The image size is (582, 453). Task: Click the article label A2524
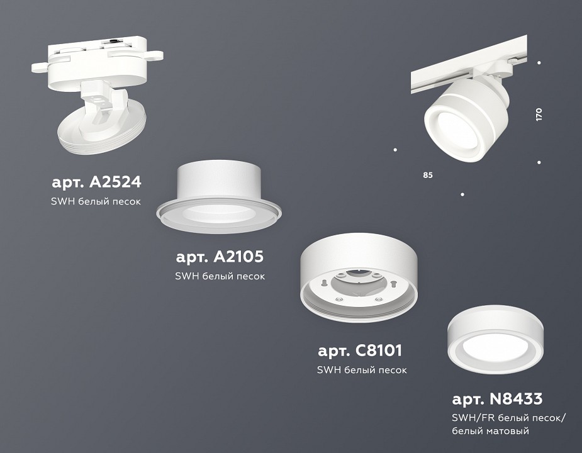(96, 182)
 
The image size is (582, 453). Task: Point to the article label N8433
(497, 399)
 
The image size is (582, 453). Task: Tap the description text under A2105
(220, 276)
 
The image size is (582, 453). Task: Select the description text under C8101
(362, 369)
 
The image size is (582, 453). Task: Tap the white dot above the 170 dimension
(539, 62)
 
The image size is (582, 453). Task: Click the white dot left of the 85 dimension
(395, 150)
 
